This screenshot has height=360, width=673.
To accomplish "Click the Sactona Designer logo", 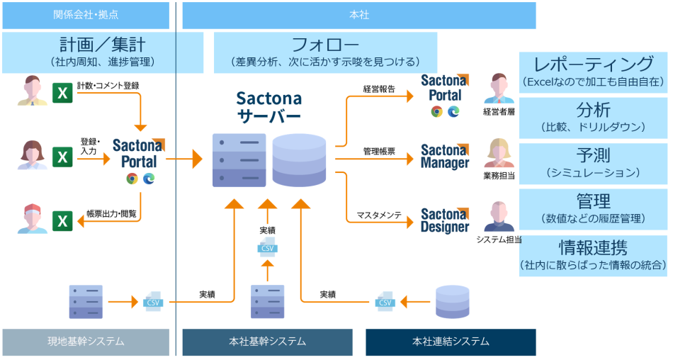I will (445, 220).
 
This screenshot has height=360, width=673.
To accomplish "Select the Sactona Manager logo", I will (445, 156).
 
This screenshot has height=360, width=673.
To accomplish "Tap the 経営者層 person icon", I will (500, 89).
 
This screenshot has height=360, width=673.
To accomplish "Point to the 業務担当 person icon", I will (500, 153).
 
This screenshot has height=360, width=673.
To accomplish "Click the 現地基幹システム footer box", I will (86, 342).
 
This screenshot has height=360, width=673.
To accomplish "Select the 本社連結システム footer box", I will (451, 342).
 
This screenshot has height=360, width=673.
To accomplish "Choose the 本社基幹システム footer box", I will (268, 342).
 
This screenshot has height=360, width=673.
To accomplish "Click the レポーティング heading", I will (593, 64).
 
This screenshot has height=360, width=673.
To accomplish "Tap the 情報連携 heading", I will (593, 248).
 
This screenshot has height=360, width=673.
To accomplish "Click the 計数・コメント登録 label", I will (108, 86).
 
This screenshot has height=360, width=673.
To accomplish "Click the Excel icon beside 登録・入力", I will (63, 157).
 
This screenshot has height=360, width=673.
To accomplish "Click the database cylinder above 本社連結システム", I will (451, 301).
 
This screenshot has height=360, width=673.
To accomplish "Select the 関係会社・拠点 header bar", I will (86, 15).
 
